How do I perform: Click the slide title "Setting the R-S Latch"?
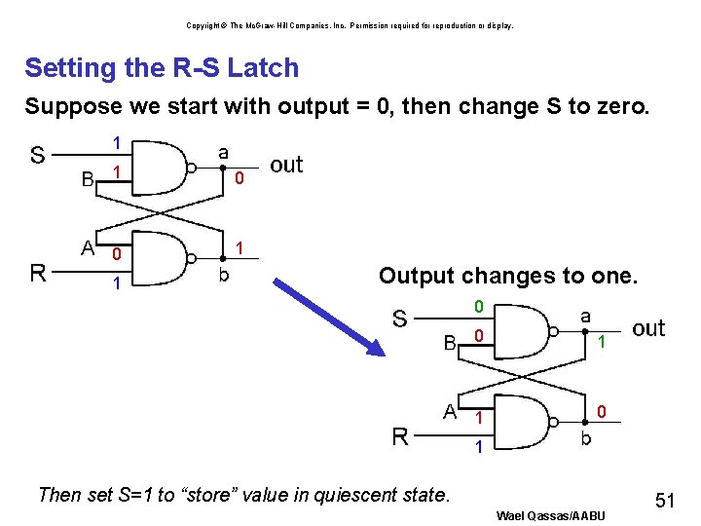click(x=162, y=68)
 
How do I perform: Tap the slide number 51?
click(x=665, y=501)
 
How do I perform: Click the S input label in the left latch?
click(x=37, y=156)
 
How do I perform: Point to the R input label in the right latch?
click(x=400, y=436)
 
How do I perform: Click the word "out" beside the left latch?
click(x=286, y=165)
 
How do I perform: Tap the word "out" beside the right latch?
click(x=648, y=328)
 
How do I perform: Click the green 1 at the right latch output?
click(x=602, y=342)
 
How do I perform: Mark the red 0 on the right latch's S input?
click(x=478, y=308)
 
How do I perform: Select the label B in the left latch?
click(x=88, y=179)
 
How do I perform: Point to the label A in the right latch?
click(x=450, y=411)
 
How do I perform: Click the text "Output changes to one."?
click(x=508, y=276)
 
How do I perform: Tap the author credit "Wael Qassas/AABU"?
click(x=550, y=515)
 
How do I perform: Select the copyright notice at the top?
click(x=350, y=25)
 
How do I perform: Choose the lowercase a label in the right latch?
click(x=585, y=316)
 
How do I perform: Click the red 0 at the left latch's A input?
click(x=115, y=255)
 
